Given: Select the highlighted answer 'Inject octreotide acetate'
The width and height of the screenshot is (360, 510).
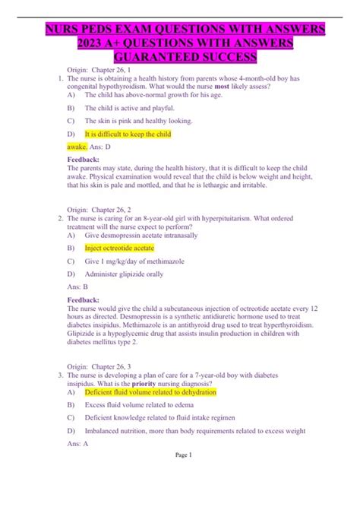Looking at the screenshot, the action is pos(119,248).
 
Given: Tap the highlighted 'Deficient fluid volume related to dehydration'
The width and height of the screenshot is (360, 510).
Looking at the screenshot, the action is pos(150,392).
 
